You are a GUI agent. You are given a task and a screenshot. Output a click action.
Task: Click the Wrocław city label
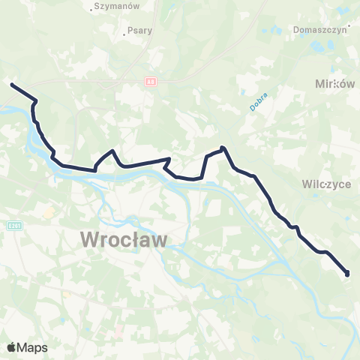tap(124, 240)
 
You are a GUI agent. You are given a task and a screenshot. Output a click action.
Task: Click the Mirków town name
tap(335, 85)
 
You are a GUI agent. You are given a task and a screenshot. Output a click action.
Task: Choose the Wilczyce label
tap(327, 184)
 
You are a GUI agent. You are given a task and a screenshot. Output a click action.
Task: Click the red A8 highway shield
tap(151, 81)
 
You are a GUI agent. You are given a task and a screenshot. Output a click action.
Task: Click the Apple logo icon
tap(12, 347)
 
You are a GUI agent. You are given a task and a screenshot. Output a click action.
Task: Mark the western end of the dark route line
tap(11, 84)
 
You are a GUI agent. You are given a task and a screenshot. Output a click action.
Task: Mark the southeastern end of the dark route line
tap(347, 274)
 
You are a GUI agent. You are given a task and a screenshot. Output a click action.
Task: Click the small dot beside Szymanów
tap(91, 9)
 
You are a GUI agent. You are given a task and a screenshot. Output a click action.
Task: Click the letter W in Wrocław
tap(89, 240)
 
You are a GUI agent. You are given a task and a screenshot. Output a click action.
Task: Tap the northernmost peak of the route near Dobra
tap(223, 148)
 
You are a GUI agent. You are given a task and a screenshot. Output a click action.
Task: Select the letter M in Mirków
tap(322, 85)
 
